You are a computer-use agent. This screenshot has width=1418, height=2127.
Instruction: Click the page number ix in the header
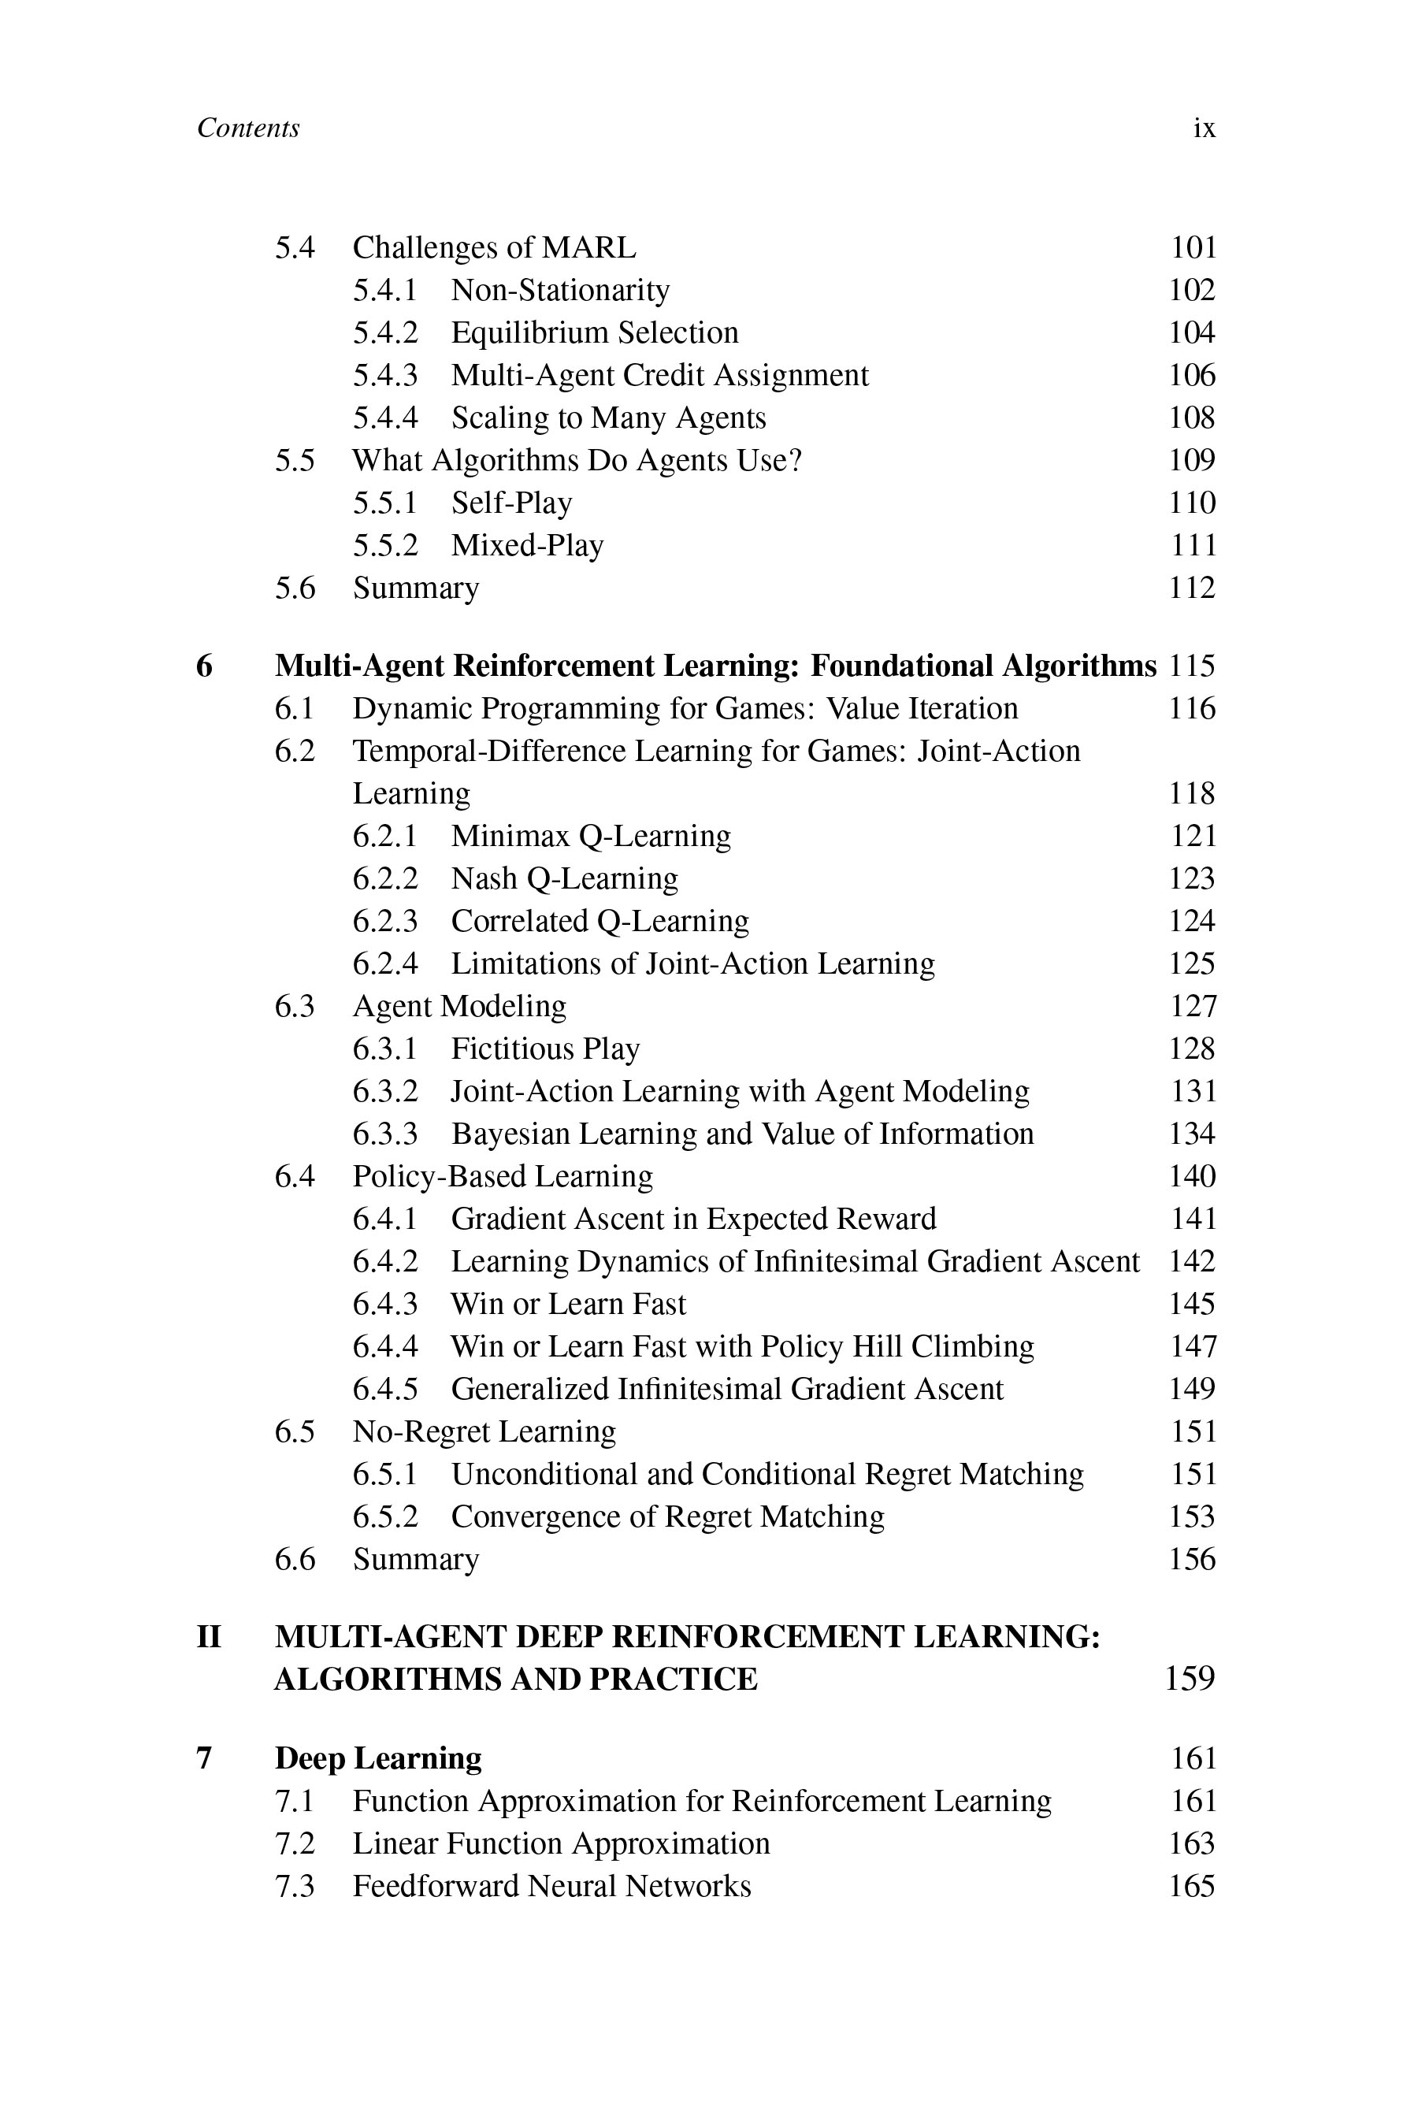pos(1204,128)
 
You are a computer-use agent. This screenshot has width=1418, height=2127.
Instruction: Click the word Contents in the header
pos(248,128)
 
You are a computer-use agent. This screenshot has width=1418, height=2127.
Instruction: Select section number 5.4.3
pos(385,375)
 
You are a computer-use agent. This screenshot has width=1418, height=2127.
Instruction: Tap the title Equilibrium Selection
pos(594,332)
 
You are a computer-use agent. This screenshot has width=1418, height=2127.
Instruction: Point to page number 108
pos(1191,418)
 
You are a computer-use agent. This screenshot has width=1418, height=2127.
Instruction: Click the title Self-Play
pos(511,503)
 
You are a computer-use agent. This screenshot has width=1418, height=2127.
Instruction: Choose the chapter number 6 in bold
pos(204,666)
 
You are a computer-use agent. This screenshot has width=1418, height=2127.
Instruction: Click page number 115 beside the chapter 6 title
pos(1191,666)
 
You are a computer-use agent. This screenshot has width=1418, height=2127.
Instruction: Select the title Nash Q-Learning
pos(563,879)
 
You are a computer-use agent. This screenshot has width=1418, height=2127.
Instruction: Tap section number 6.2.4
pos(385,964)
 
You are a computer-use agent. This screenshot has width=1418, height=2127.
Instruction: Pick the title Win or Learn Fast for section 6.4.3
pos(568,1304)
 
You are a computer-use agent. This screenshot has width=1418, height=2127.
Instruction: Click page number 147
pos(1193,1346)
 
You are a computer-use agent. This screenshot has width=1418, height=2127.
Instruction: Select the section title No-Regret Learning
pos(484,1431)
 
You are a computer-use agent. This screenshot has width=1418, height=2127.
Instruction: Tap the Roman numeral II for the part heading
pos(209,1637)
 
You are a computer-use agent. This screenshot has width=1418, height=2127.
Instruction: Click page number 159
pos(1190,1679)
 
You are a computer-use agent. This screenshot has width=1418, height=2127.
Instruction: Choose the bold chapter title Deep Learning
pos(378,1758)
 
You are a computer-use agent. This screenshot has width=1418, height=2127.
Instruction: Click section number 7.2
pos(295,1843)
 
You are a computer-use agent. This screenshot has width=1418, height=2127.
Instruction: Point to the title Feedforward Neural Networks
pos(551,1885)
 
